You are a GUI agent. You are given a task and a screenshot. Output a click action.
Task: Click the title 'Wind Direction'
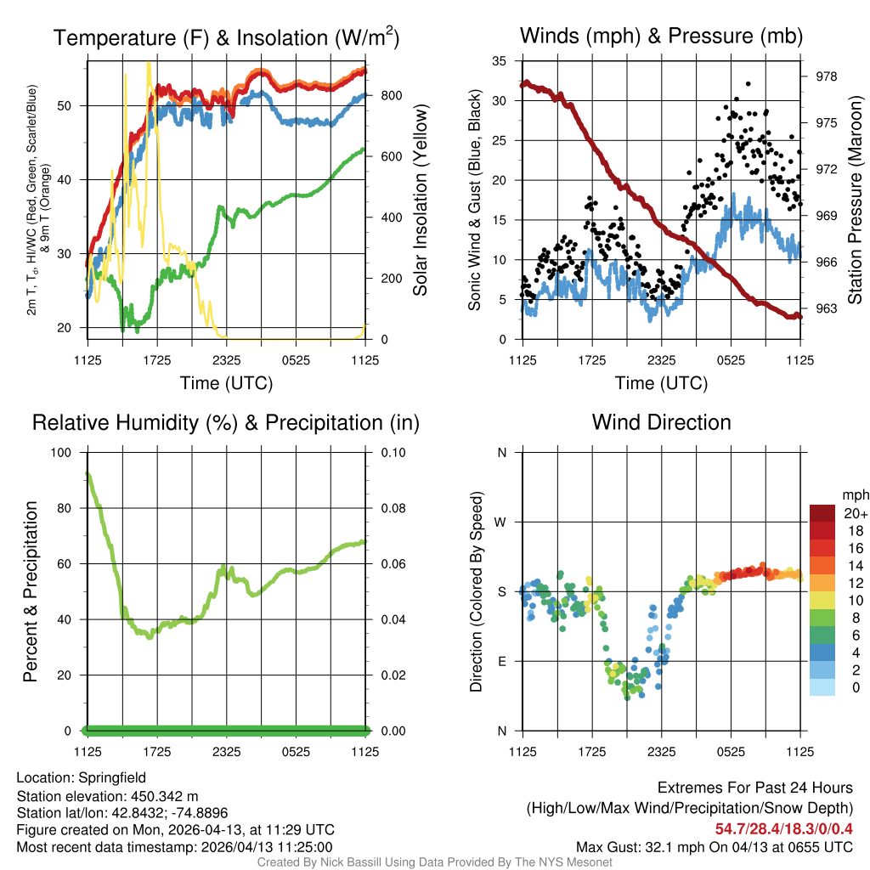coord(661,422)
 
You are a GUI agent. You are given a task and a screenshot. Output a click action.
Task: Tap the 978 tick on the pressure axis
coord(826,76)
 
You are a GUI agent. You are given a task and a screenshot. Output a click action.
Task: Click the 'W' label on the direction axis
coord(501,522)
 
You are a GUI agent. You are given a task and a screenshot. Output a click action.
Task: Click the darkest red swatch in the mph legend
coord(823,514)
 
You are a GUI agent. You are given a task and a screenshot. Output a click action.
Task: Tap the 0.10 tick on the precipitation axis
coord(392,453)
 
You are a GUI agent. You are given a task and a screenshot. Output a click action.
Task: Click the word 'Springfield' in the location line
coord(112,777)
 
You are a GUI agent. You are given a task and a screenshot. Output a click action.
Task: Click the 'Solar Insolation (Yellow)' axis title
coord(420,200)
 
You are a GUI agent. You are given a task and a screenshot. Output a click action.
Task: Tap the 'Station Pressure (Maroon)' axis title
coord(856,200)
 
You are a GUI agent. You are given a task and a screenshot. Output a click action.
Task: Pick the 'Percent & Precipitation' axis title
coord(31,591)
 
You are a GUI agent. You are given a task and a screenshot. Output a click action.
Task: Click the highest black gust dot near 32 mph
coord(748,84)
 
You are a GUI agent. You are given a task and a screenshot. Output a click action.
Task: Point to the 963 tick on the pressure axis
coord(826,309)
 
